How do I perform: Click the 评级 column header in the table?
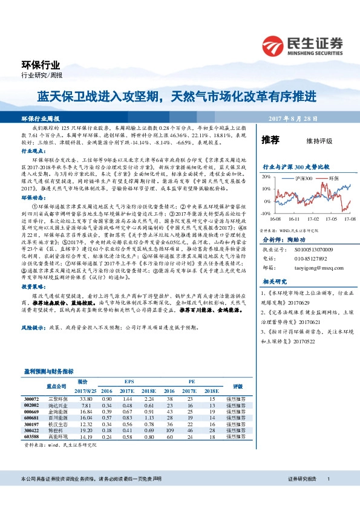237,387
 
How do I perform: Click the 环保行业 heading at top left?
42,65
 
